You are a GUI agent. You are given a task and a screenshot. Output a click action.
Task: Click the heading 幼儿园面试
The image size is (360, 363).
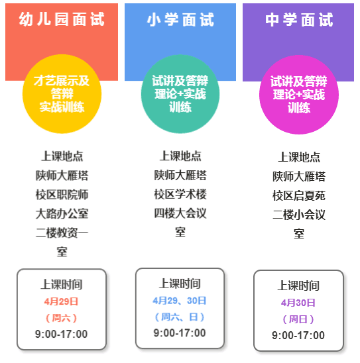[62, 19]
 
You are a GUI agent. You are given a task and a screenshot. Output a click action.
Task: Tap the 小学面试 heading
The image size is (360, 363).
[180, 19]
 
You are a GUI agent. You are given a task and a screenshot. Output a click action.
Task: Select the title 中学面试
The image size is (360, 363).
[299, 20]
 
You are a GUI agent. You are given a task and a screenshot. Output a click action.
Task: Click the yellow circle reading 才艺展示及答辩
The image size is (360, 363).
[62, 94]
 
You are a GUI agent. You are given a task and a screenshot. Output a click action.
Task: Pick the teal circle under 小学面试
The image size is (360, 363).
[180, 94]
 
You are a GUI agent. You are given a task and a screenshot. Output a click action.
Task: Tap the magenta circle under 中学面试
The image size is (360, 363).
[299, 95]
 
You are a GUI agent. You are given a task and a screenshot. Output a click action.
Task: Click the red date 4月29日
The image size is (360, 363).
[62, 301]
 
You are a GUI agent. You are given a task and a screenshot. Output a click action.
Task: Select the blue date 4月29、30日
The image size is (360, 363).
[180, 301]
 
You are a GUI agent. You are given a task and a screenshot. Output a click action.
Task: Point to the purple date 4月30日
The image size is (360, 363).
[298, 303]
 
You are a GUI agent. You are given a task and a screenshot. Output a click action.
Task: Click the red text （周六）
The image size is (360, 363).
[62, 318]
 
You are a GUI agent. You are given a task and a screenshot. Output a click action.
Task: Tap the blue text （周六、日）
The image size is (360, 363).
[180, 317]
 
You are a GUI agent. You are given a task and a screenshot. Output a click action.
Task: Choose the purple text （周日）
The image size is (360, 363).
[298, 319]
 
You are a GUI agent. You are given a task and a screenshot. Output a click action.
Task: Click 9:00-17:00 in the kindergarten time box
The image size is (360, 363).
[62, 334]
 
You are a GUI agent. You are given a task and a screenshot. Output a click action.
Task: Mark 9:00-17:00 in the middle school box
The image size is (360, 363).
[298, 335]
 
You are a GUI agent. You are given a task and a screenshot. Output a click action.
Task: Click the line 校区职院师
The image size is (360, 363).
[62, 194]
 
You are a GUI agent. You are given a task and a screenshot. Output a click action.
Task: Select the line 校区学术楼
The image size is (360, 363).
[180, 194]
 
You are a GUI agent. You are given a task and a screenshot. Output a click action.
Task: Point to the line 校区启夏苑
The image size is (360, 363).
[299, 195]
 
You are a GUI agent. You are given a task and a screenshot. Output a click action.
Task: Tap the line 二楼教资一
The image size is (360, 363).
[62, 233]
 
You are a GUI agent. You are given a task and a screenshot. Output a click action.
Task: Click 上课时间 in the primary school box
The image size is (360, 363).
[180, 284]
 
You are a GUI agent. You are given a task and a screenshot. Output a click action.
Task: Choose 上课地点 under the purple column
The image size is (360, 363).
[299, 157]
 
